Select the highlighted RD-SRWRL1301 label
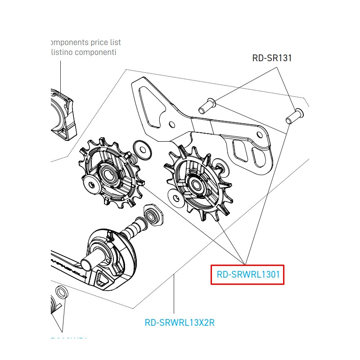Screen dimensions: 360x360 pos(247,274)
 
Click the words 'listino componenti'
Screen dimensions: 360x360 pos(84,52)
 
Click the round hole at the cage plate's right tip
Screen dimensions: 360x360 pos(259,135)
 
